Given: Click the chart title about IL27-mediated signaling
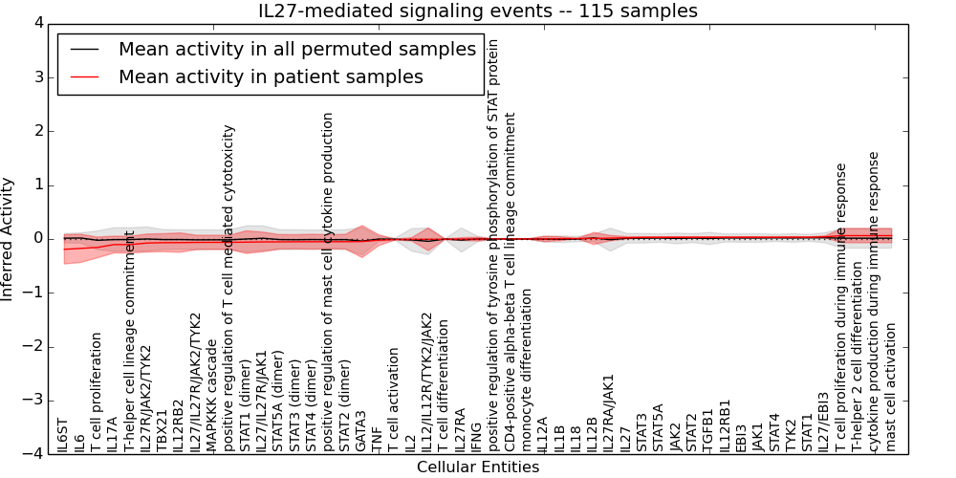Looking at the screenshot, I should click(x=478, y=11).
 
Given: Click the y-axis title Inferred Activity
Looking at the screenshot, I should click(x=9, y=238).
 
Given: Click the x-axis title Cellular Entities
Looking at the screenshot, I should click(x=478, y=467).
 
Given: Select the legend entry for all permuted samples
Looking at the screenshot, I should click(x=296, y=50).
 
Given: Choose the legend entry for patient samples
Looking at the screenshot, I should click(x=271, y=76).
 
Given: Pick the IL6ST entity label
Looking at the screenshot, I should click(x=63, y=435).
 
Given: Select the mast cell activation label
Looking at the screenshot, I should click(x=891, y=386).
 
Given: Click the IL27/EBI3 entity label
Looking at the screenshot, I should click(x=824, y=422).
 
